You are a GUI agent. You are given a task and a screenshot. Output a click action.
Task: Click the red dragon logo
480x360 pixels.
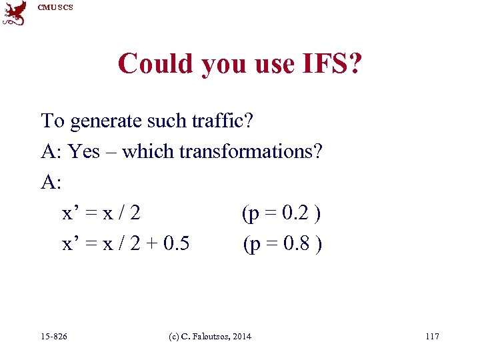point(15,13)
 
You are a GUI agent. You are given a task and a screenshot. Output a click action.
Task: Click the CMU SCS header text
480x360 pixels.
point(55,7)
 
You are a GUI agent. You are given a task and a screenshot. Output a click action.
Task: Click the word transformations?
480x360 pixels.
point(253,151)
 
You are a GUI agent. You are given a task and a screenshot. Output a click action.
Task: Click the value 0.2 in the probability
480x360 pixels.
point(296,213)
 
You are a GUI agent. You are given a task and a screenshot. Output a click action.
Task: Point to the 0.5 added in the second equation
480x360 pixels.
point(175,244)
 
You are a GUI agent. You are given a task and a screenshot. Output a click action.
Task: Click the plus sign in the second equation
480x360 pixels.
point(151,245)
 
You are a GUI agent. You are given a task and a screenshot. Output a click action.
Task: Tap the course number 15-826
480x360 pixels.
point(54,336)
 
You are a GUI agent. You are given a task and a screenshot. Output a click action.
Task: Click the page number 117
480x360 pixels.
point(432,336)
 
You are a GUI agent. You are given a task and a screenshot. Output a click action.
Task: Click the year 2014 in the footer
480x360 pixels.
point(242,336)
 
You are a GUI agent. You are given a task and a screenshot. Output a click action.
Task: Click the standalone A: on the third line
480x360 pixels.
point(51,183)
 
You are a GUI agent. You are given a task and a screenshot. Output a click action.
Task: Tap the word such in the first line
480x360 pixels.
point(151,121)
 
